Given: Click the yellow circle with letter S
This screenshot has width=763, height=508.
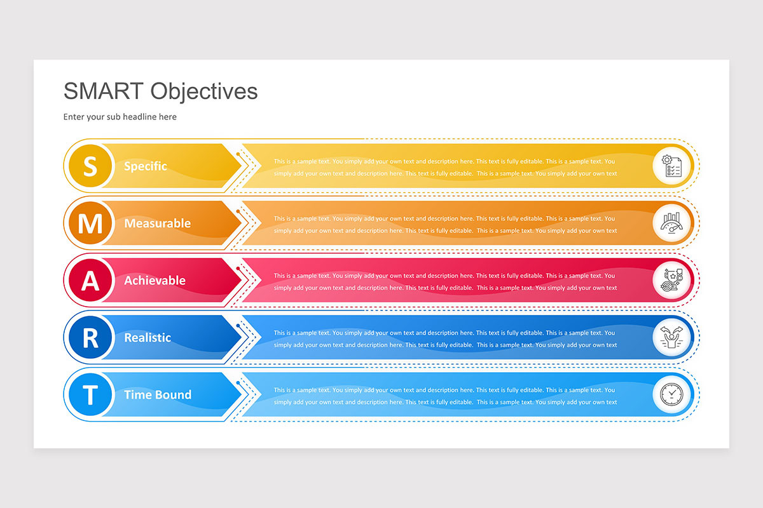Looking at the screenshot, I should pyautogui.click(x=90, y=166).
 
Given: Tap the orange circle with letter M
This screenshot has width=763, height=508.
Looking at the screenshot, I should pyautogui.click(x=90, y=224).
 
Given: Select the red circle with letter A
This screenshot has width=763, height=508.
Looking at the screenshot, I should pyautogui.click(x=90, y=281).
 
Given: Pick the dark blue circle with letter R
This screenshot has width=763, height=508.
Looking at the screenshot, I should pyautogui.click(x=90, y=338).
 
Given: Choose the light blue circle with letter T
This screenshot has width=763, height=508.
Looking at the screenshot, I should pyautogui.click(x=90, y=395).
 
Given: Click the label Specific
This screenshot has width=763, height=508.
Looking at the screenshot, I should pyautogui.click(x=146, y=166).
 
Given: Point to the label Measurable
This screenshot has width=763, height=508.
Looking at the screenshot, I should pyautogui.click(x=157, y=224).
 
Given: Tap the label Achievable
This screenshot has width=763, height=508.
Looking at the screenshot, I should pyautogui.click(x=155, y=281).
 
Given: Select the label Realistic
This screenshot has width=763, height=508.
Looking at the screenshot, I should pyautogui.click(x=148, y=338).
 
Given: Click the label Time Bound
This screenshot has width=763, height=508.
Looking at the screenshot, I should pyautogui.click(x=157, y=395).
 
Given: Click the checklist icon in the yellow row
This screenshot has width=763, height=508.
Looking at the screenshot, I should pyautogui.click(x=672, y=166).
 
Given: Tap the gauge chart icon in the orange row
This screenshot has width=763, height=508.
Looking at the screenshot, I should pyautogui.click(x=672, y=224).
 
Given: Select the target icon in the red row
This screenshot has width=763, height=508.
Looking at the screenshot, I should pyautogui.click(x=672, y=281).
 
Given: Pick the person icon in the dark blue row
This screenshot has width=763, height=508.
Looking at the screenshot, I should pyautogui.click(x=672, y=338).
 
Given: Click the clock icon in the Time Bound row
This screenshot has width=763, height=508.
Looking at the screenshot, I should pyautogui.click(x=672, y=395).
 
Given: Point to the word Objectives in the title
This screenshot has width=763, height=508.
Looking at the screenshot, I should pyautogui.click(x=204, y=91).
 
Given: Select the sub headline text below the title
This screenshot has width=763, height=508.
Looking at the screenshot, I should pyautogui.click(x=120, y=117).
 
